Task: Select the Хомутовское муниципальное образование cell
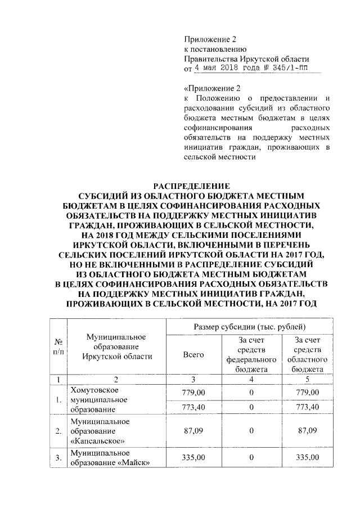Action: [x=98, y=400]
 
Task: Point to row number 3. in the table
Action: [x=58, y=458]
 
